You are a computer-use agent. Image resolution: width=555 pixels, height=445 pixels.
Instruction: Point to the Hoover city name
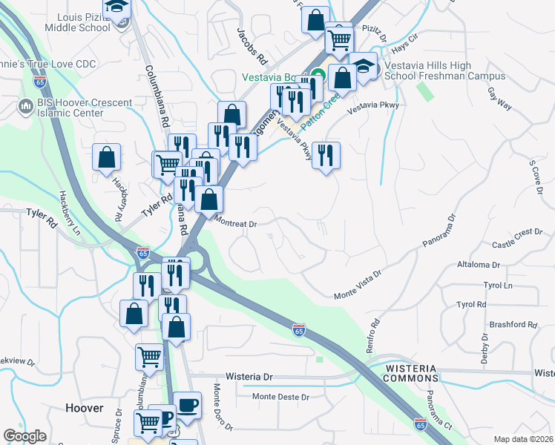click(x=84, y=408)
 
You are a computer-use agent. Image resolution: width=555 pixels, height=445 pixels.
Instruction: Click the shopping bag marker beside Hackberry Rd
click(x=107, y=157)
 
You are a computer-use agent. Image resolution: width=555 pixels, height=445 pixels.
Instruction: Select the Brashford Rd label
click(x=513, y=325)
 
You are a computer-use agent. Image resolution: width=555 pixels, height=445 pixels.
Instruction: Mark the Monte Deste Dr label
click(x=280, y=397)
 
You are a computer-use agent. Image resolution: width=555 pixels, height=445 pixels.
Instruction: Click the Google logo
click(x=24, y=436)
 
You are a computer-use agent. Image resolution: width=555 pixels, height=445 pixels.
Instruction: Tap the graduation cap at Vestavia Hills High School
click(x=363, y=66)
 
